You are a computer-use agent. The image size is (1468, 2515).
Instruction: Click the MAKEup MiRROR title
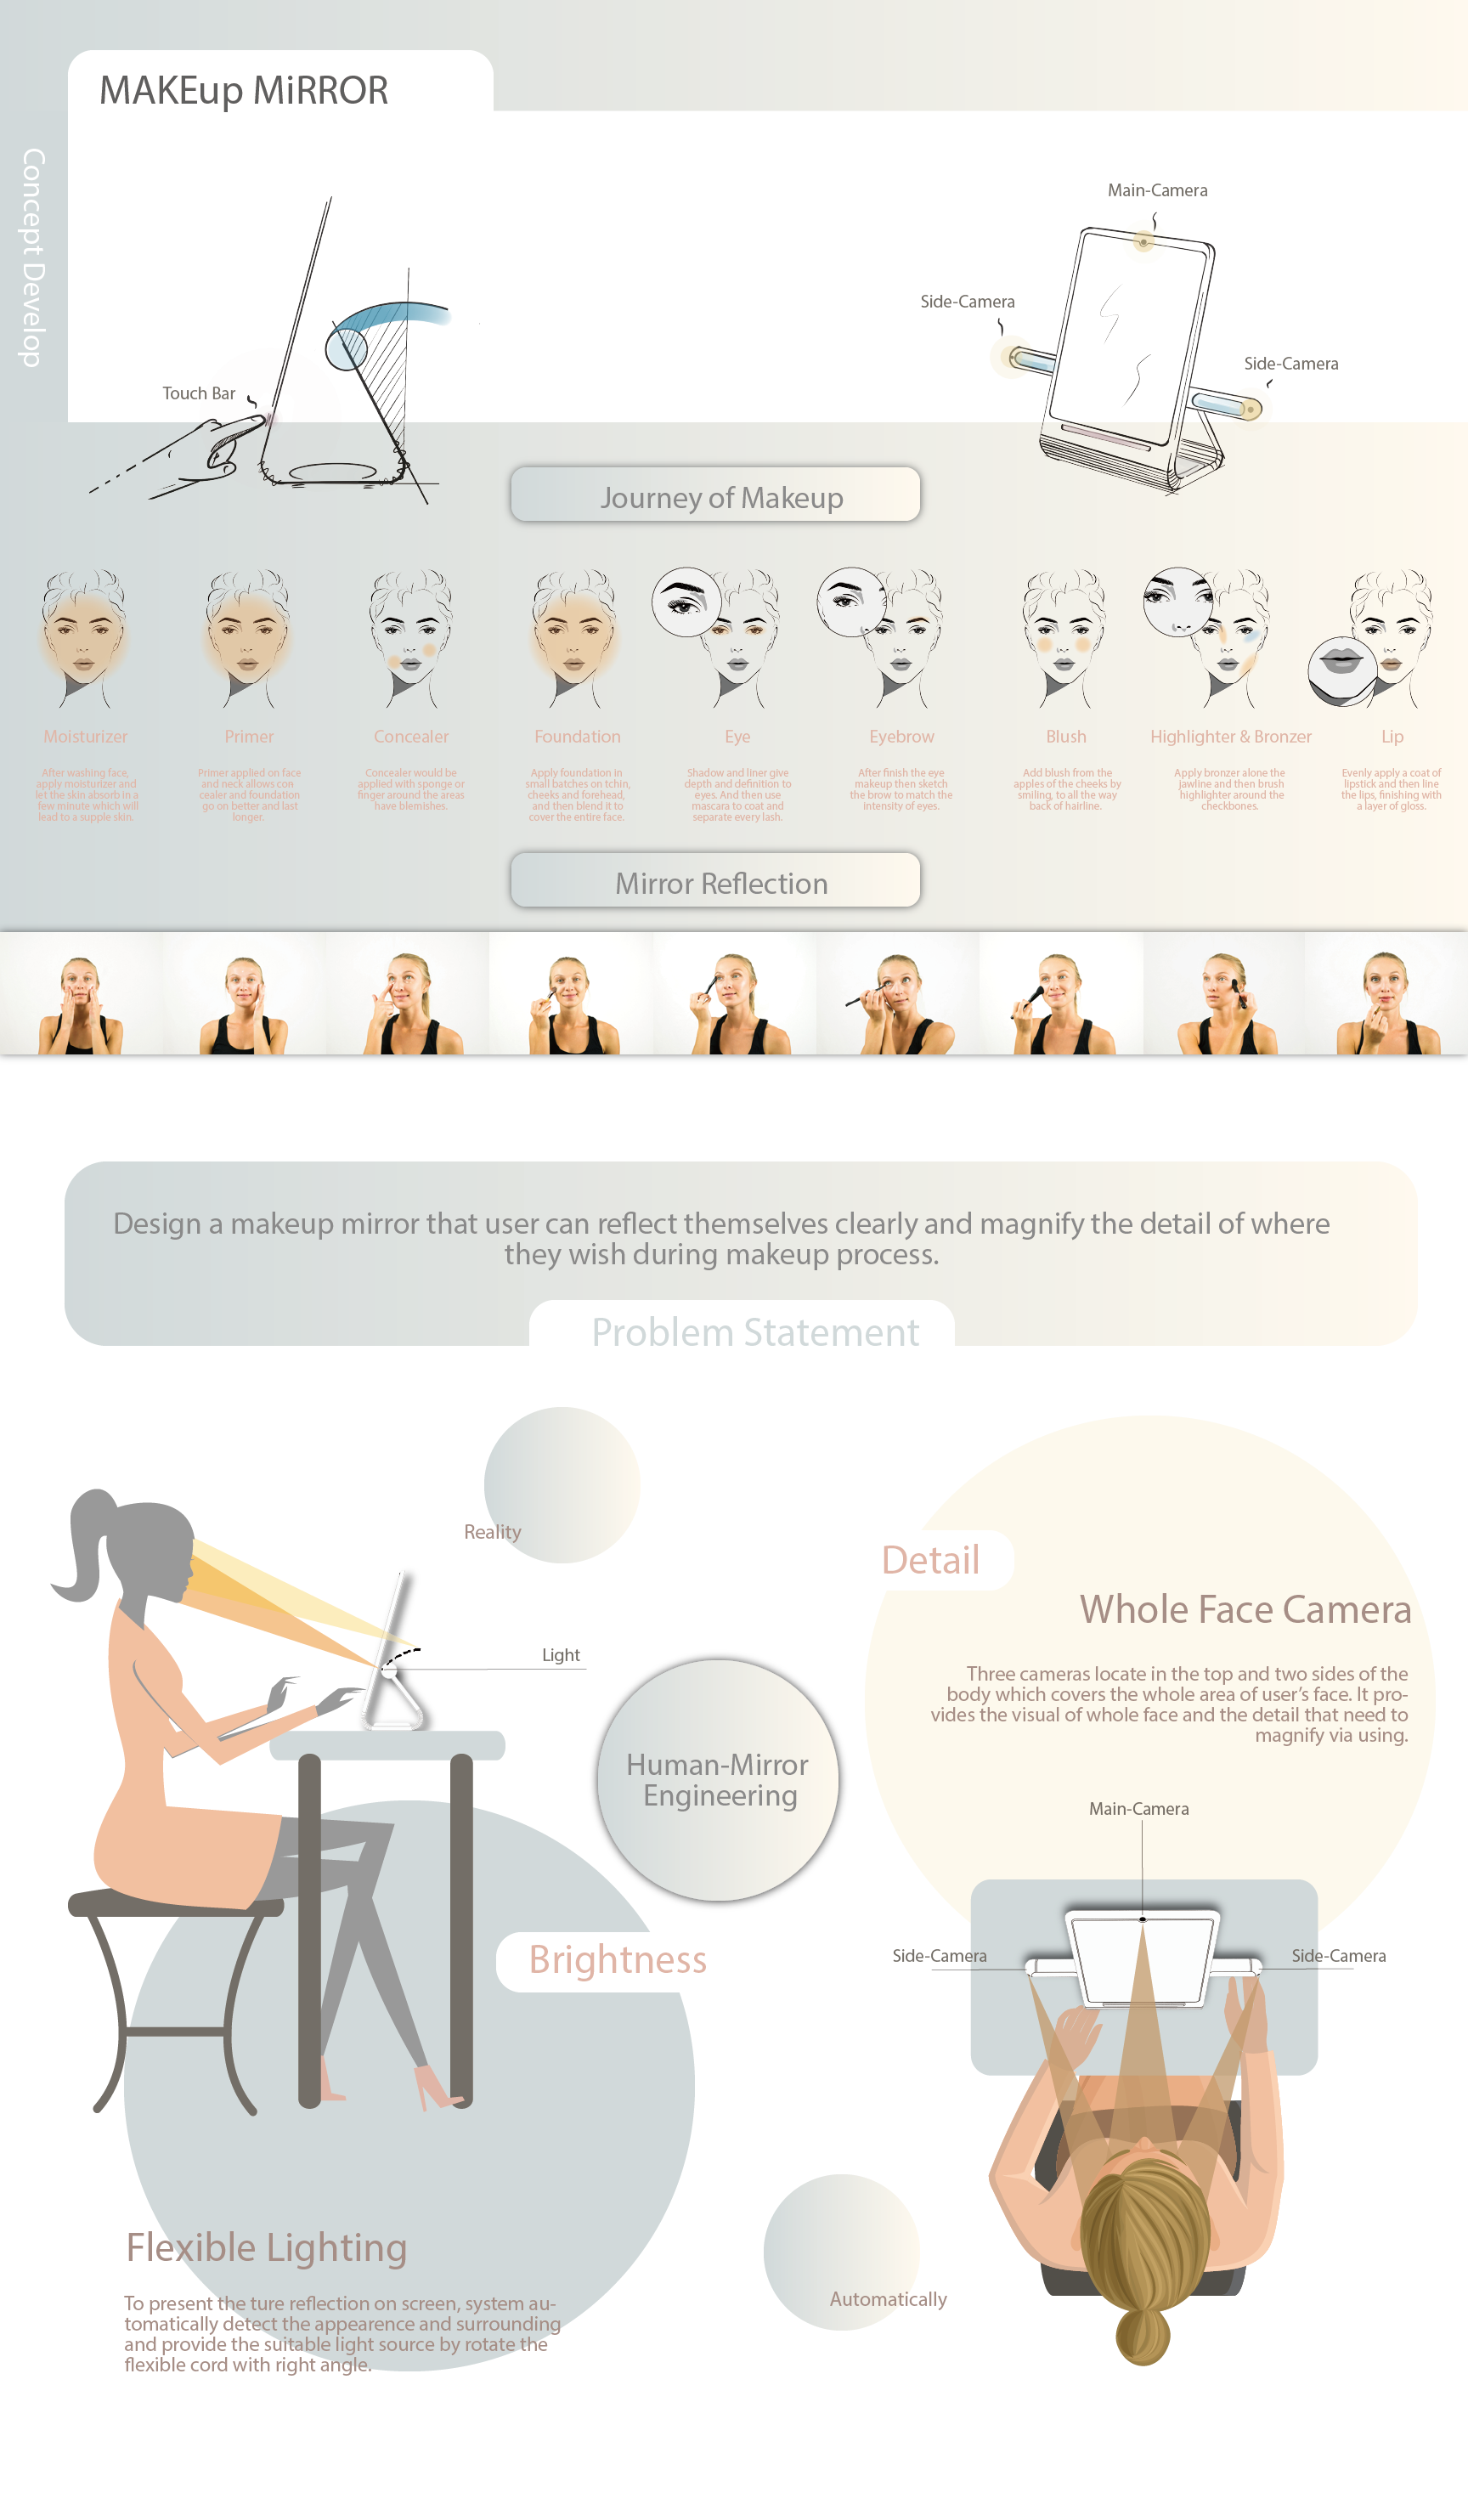(244, 91)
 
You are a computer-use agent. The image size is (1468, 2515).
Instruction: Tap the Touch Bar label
(199, 393)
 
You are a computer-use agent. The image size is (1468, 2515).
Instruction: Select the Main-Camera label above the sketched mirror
(1156, 190)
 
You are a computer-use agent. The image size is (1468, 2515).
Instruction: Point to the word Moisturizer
(85, 737)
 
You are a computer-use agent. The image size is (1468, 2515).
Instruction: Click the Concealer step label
(411, 737)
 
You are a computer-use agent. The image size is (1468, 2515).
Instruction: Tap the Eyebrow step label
(901, 737)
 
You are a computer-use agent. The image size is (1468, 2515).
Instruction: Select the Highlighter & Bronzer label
(1230, 737)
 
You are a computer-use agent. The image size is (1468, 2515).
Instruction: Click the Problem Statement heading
(754, 1332)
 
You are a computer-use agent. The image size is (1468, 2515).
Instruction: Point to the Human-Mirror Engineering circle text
(719, 1779)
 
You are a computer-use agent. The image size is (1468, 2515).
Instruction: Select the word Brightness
(617, 1960)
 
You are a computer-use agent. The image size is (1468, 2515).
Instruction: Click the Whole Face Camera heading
(1245, 1610)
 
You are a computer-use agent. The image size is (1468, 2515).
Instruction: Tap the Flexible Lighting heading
(267, 2247)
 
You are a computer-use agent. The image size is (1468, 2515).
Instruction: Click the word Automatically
(887, 2299)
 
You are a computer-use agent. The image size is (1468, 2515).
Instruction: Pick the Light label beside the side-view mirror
(560, 1654)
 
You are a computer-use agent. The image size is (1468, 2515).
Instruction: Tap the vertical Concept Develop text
(33, 257)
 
